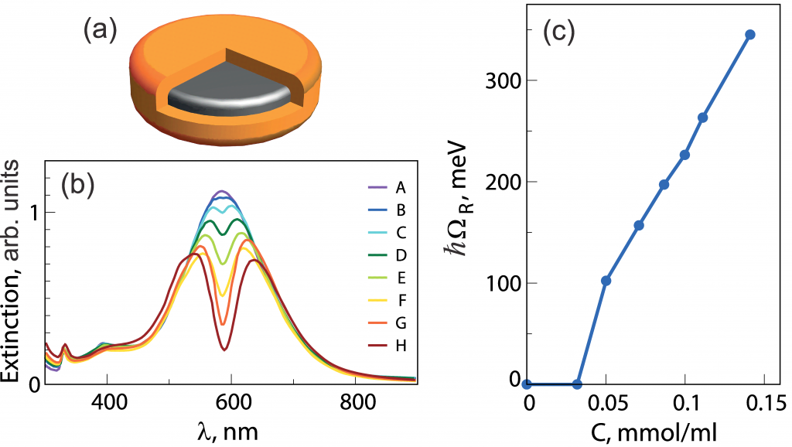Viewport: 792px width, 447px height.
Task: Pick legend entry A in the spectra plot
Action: [x=401, y=187]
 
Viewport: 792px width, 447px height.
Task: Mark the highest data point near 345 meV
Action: [x=749, y=35]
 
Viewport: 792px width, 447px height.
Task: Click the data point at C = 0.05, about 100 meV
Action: [x=606, y=280]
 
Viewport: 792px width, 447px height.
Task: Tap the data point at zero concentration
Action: [x=527, y=384]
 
